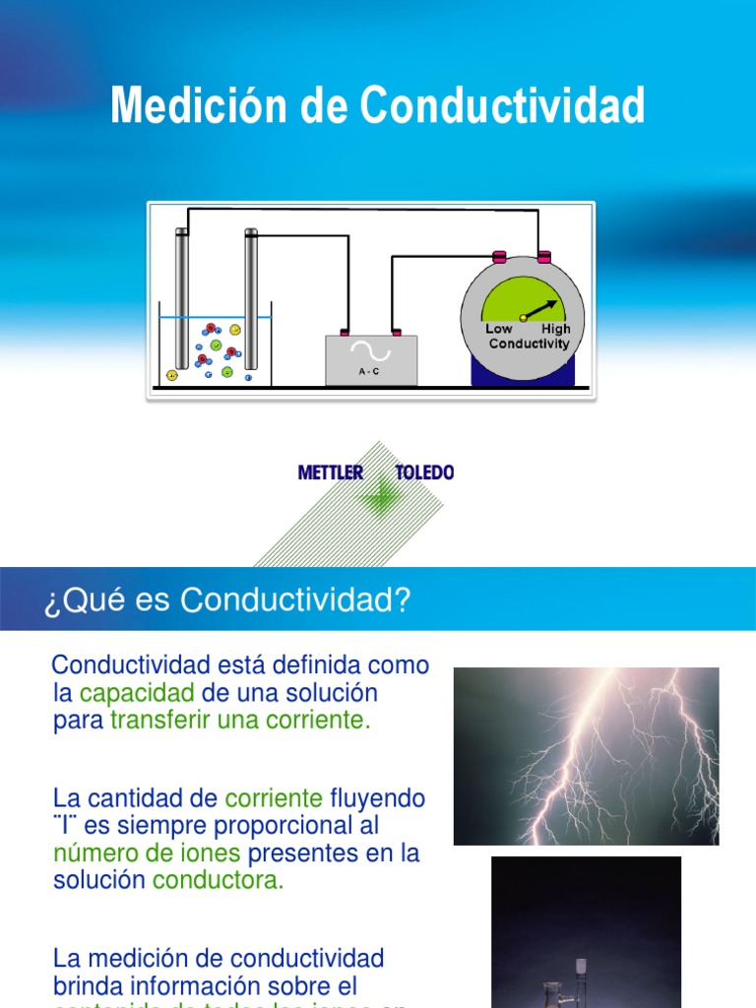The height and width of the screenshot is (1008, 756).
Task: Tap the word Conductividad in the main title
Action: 503,105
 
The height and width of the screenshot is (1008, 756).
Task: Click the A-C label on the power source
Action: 371,372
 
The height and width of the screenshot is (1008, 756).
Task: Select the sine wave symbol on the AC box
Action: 371,351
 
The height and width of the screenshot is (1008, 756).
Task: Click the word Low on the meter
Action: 499,329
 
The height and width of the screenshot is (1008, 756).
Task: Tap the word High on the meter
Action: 555,329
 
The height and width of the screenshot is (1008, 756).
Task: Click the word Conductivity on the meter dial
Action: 529,344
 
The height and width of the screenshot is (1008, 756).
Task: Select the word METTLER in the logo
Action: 330,472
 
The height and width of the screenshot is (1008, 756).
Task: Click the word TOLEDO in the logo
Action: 424,472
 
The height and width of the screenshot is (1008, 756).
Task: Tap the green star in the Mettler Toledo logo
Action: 377,498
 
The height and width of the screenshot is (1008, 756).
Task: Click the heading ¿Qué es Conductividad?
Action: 226,600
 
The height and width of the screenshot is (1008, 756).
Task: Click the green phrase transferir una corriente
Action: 240,720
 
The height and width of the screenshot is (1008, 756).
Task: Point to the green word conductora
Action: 218,880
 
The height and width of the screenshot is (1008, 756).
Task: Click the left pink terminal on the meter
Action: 499,258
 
